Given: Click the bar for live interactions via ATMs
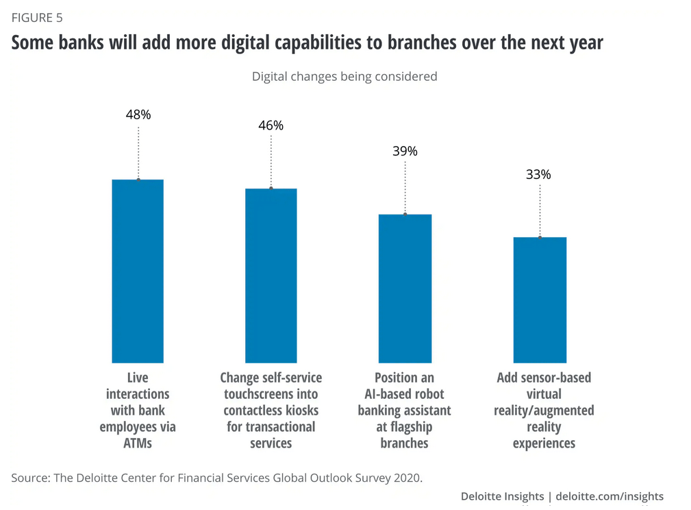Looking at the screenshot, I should point(138,271).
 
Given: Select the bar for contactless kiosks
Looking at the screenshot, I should point(271,275).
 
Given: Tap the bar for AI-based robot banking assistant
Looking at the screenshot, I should point(405,288).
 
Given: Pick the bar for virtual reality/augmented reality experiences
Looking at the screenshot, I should point(540,300).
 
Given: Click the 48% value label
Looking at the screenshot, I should point(138,114).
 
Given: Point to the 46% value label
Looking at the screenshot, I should point(271,125).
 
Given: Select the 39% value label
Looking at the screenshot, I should point(405,151).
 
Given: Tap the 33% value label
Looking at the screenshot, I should point(538,174).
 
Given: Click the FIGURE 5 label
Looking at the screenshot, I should point(37,17).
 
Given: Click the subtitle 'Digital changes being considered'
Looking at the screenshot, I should point(344,76).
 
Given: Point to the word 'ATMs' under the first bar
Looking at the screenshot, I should point(138,443).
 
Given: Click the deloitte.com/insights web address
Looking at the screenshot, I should point(610,496).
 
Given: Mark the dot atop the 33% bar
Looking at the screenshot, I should point(540,237).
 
